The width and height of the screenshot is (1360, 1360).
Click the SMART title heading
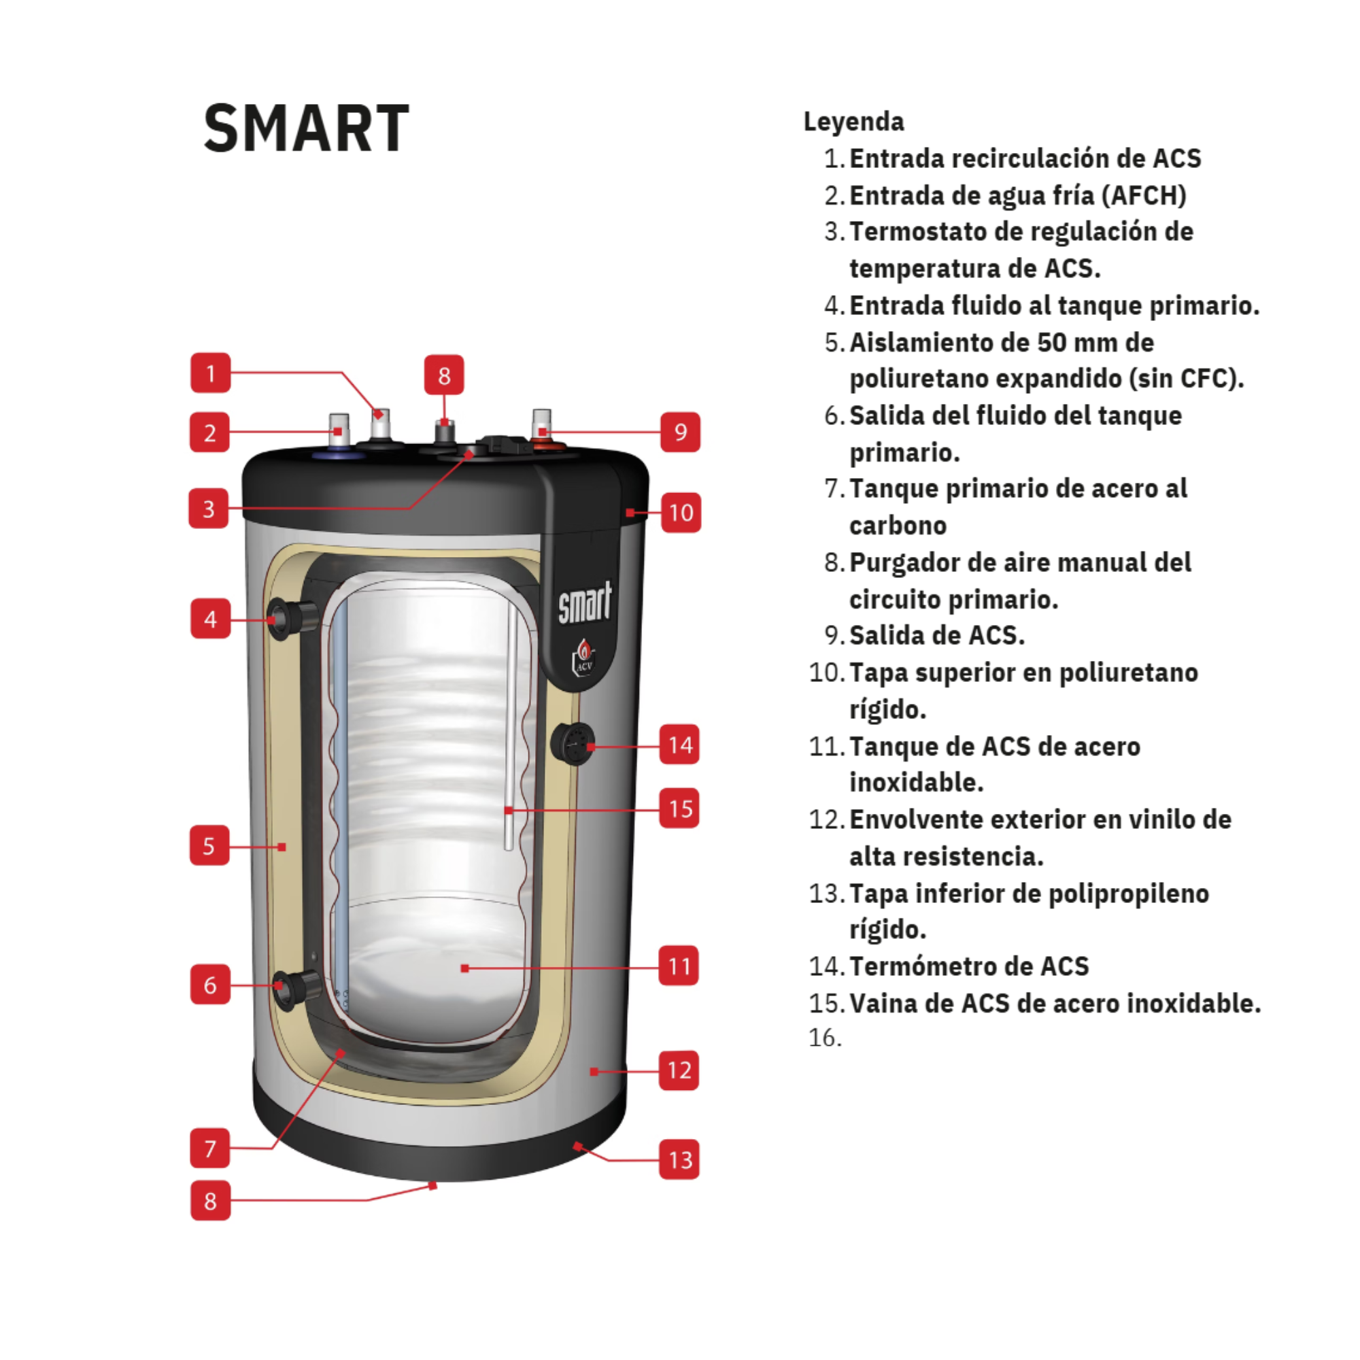click(306, 128)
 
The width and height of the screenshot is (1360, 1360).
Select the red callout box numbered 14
click(679, 744)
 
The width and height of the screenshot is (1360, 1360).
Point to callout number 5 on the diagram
click(209, 845)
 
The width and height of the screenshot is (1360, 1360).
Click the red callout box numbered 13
click(679, 1159)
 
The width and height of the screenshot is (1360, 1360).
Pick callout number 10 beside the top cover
click(681, 513)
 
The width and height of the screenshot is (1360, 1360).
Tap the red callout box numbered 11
click(679, 965)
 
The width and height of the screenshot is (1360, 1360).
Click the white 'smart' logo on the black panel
click(585, 602)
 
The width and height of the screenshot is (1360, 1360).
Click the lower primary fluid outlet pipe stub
click(296, 987)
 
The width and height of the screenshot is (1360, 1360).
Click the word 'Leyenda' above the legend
click(854, 122)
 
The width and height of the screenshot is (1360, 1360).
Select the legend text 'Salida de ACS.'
click(937, 635)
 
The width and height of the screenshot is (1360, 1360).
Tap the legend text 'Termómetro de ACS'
click(969, 966)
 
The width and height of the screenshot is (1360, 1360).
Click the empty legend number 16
click(825, 1038)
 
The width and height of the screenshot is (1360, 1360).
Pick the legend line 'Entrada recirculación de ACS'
click(1025, 158)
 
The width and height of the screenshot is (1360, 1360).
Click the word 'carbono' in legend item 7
click(898, 525)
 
